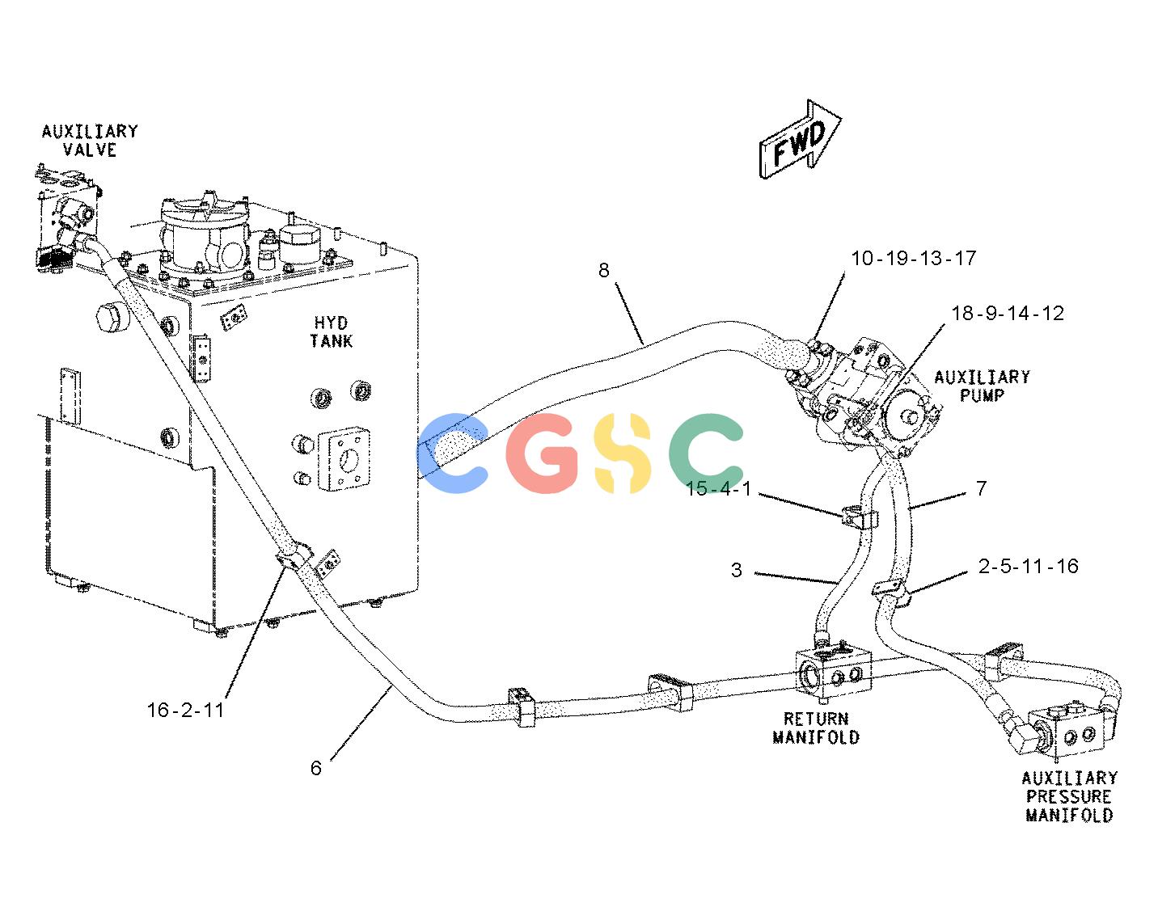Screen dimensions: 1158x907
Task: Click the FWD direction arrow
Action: pos(798,140)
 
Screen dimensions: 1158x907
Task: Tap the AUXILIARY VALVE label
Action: pos(90,141)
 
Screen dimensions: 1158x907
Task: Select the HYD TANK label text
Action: pos(332,332)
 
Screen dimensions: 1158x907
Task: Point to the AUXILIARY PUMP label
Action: pos(982,386)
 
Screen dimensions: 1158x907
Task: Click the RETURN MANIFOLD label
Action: pos(816,728)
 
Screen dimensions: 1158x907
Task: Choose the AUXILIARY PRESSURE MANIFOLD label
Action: pos(1070,797)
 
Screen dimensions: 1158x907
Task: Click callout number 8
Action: pos(603,270)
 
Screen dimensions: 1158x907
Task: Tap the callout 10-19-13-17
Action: pos(914,259)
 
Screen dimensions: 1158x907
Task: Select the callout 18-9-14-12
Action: pos(1008,313)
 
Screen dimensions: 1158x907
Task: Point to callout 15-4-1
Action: pos(718,488)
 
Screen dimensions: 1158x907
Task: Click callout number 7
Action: pos(981,487)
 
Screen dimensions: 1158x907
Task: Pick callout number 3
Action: pos(736,571)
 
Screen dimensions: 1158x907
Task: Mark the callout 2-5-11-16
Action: pos(1028,566)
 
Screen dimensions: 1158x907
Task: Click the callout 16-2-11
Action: pos(185,710)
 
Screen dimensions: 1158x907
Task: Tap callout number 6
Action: pos(315,768)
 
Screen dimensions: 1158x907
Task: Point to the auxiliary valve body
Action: pos(67,219)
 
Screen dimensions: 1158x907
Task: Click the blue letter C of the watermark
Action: pos(452,453)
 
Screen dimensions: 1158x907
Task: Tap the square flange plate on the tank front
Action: pos(344,458)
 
